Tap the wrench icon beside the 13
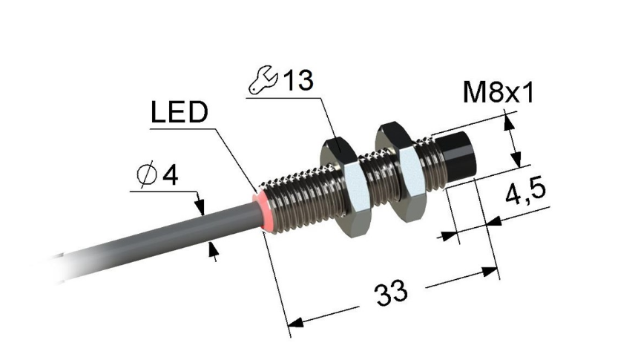263,79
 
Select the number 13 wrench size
298,80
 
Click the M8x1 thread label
498,93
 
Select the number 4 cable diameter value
170,175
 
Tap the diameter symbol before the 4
147,174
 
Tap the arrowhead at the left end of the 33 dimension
296,322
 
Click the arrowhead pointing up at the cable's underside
213,249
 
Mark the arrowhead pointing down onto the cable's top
200,206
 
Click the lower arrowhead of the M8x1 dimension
516,159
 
